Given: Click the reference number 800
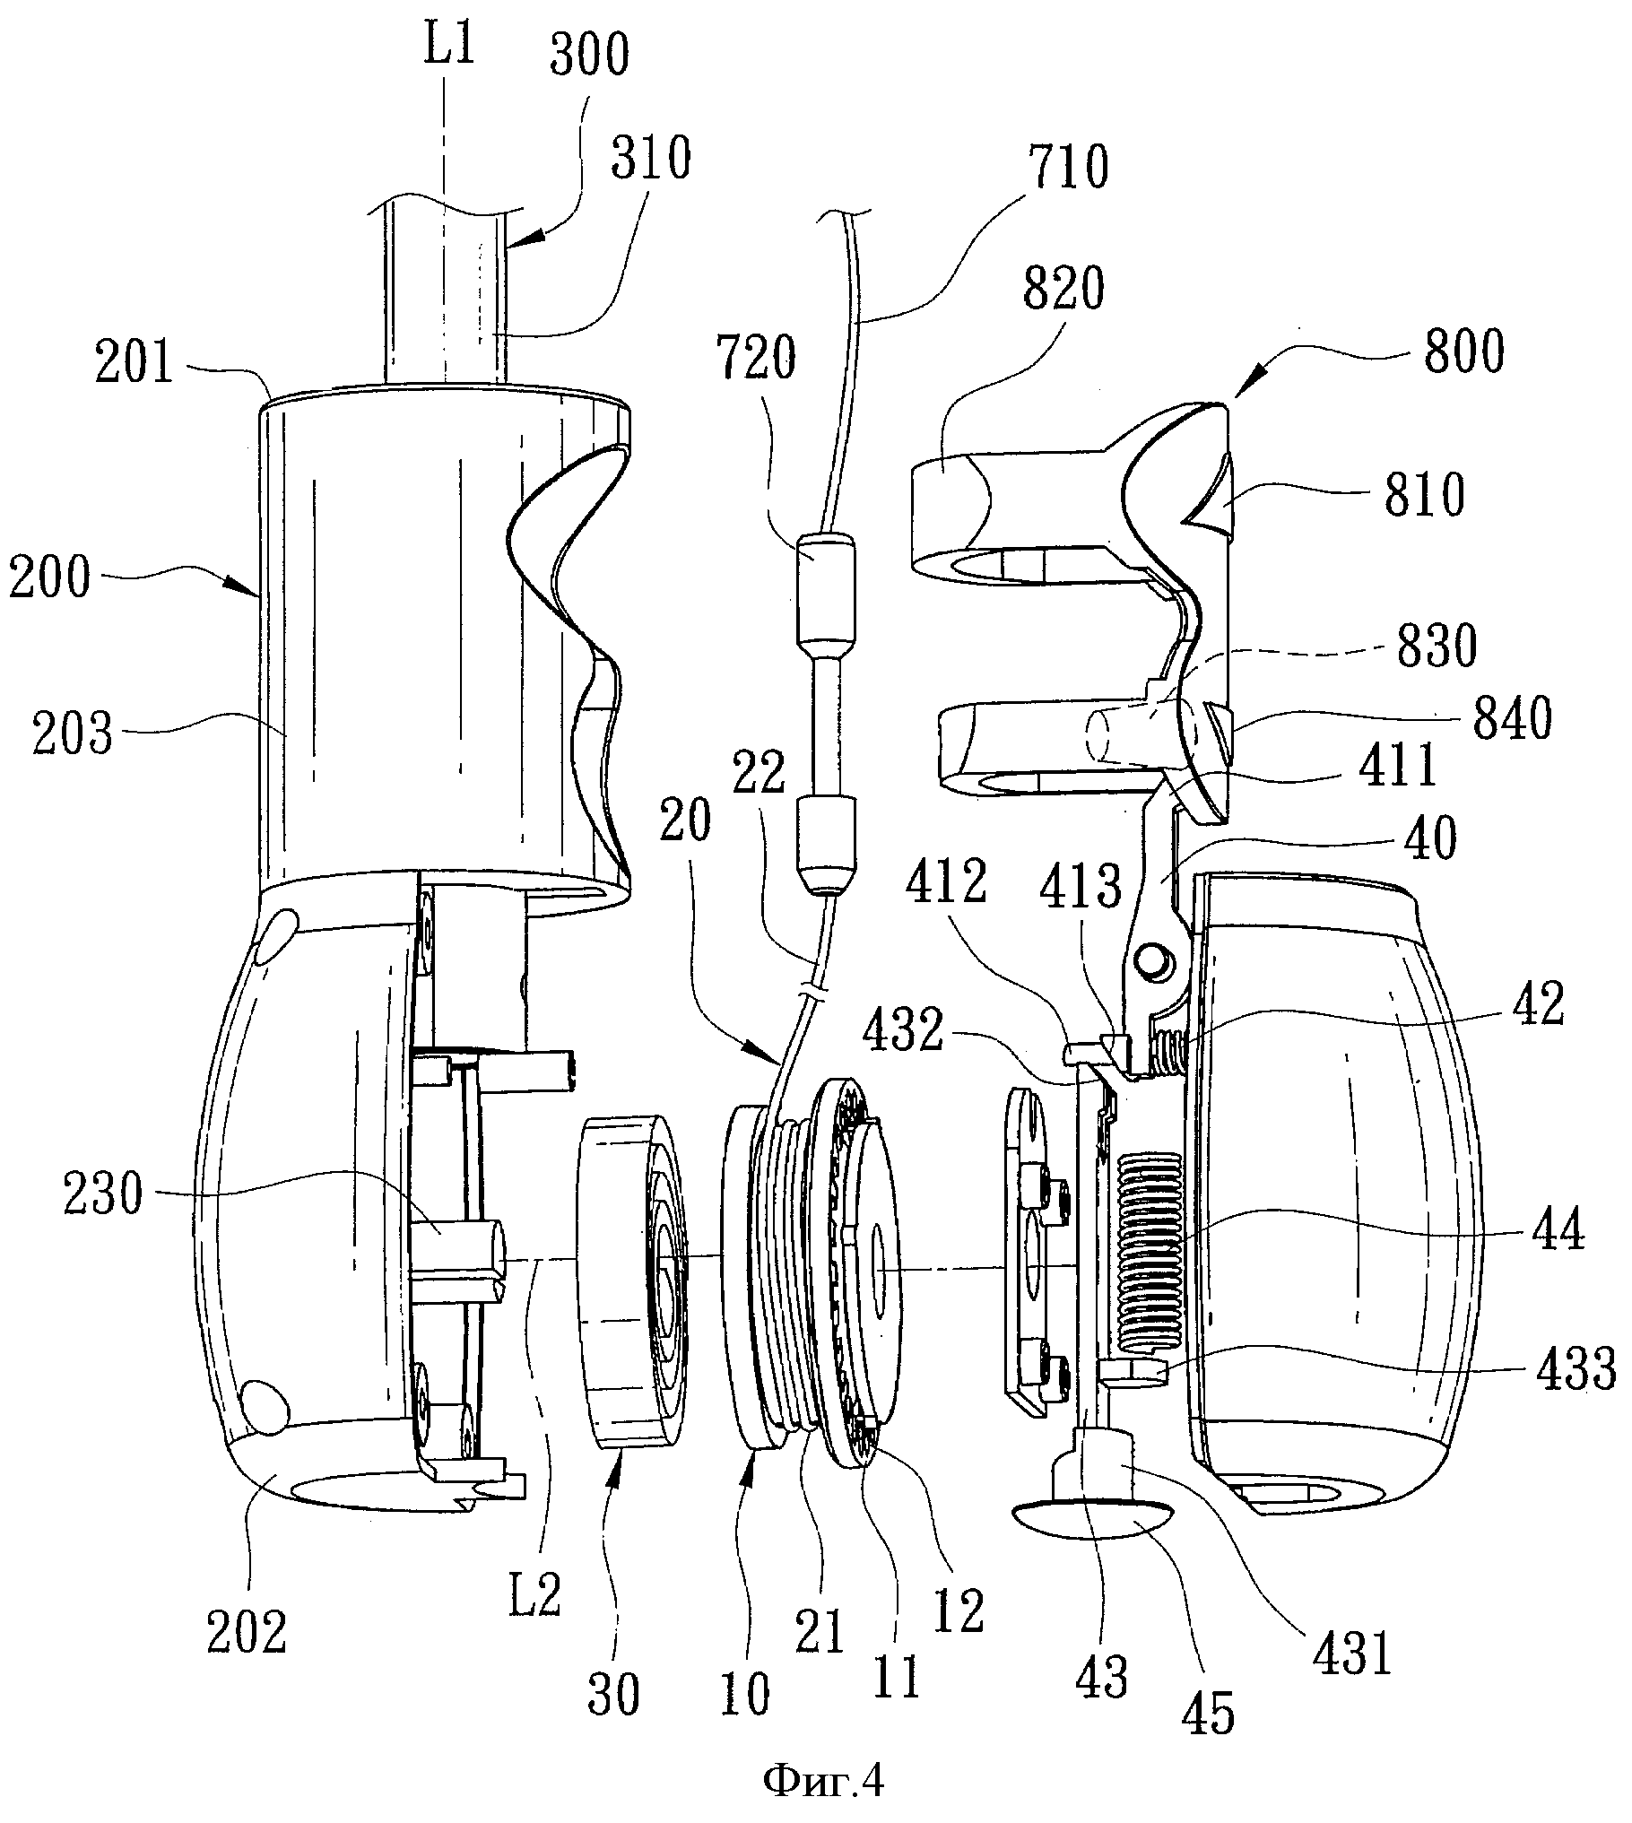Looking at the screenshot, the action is [x=1463, y=353].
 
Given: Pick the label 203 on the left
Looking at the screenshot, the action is [x=73, y=737].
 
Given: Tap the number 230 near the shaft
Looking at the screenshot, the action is [x=103, y=1196].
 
